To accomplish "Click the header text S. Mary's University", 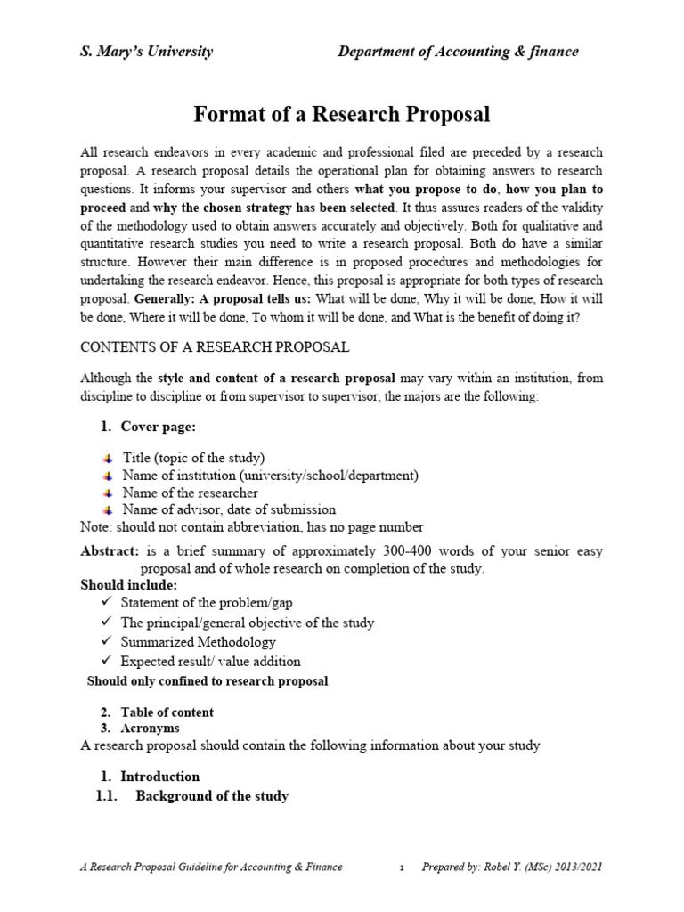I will click(147, 52).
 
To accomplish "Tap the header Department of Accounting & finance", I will click(458, 52).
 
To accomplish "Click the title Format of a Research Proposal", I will click(342, 115).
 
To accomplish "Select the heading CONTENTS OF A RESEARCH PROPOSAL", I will click(215, 346).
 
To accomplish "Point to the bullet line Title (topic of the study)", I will click(193, 458).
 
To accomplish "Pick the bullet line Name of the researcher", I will click(190, 493).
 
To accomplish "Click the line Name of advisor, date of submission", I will click(229, 509).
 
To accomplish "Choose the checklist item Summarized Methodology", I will click(198, 642).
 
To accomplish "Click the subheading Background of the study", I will click(211, 796).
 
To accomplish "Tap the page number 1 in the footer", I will click(402, 867).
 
